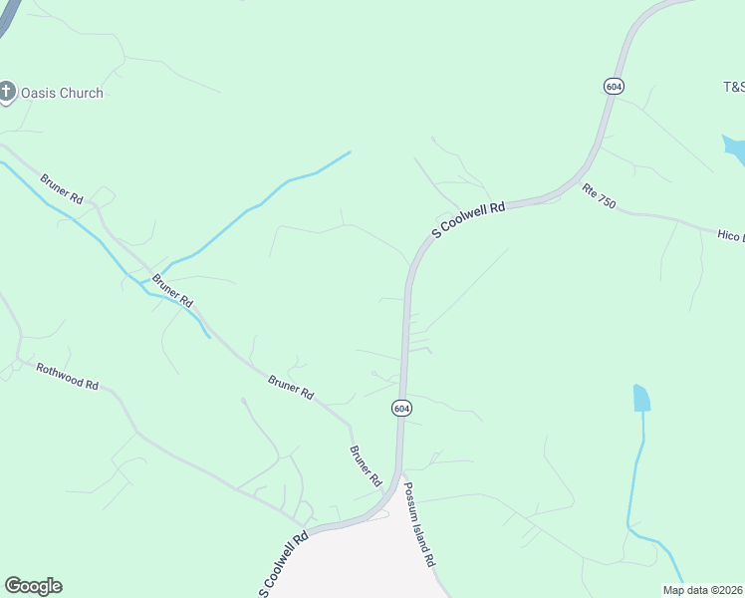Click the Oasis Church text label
(x=61, y=93)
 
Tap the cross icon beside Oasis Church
(x=7, y=93)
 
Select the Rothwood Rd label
(x=68, y=377)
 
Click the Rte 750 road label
(x=600, y=196)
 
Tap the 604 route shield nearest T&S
(x=614, y=87)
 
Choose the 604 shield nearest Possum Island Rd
(x=400, y=409)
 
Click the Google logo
(x=33, y=586)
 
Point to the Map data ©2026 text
(x=702, y=590)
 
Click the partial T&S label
(x=733, y=86)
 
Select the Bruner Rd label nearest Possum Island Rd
(x=366, y=465)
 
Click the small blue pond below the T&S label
(x=735, y=150)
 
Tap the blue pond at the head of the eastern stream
(x=641, y=398)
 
